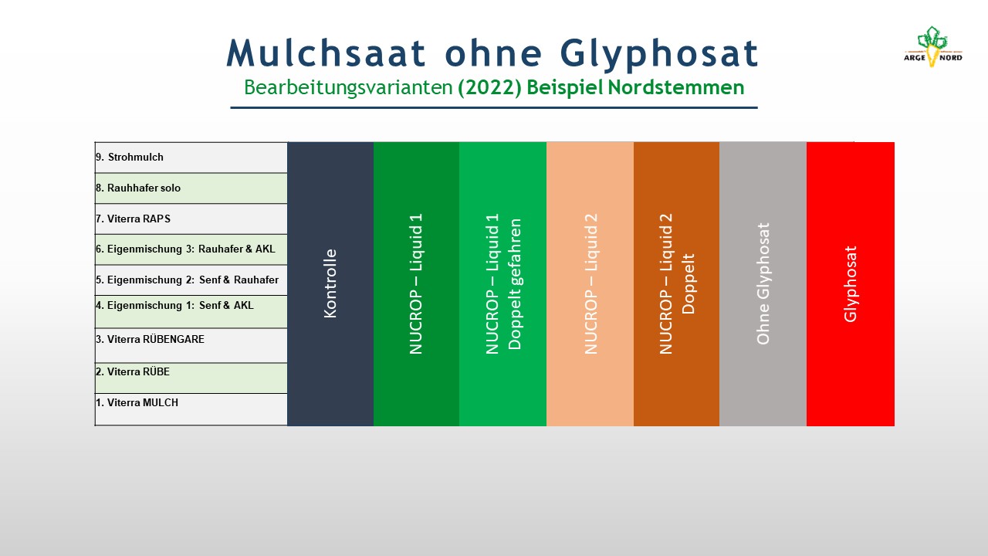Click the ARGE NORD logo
point(933,46)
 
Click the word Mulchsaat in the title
point(326,53)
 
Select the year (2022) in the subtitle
point(489,87)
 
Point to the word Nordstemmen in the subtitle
point(675,87)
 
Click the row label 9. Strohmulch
point(129,157)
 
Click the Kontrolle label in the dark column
point(330,283)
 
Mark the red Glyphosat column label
point(851,283)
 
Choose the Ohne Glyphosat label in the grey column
point(763,283)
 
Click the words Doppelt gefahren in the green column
point(515,283)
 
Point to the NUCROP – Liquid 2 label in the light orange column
point(590,283)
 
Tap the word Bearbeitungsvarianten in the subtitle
point(348,87)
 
